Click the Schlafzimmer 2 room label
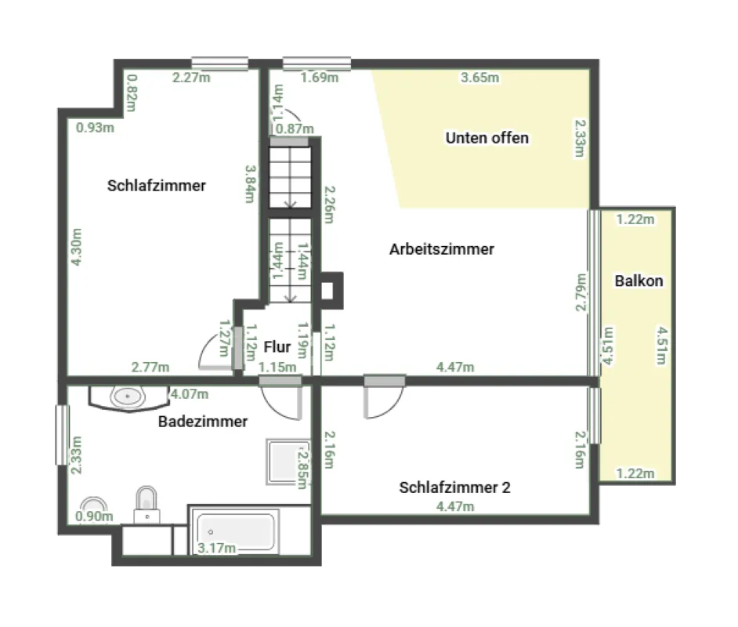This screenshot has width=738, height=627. pos(454,487)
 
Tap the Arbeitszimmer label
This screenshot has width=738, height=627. pos(442,249)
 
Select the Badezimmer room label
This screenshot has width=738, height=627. pos(203,422)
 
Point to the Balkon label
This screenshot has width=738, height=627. pos(639,281)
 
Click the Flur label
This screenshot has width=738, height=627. pos(277,347)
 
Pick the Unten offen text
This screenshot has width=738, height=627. pos(487,138)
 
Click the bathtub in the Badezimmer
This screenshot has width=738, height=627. pos(235,531)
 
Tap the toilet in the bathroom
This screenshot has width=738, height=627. pos(147,504)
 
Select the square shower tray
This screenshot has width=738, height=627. pos(288,462)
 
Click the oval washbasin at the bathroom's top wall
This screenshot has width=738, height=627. pos(127,397)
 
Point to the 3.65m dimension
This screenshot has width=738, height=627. pos(479,78)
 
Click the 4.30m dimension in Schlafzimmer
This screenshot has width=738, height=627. pos(76,247)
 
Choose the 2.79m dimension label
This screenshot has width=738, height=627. pos(581,292)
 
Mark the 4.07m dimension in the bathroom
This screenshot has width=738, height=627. pos(190,394)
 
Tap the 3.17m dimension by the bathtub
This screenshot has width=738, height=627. pos(216,548)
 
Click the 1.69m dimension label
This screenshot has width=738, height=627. pos(319,77)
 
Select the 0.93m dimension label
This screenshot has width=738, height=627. pos(95,128)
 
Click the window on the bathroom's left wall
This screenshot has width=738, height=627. pos(62,436)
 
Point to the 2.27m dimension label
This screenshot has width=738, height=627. pos(191,77)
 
